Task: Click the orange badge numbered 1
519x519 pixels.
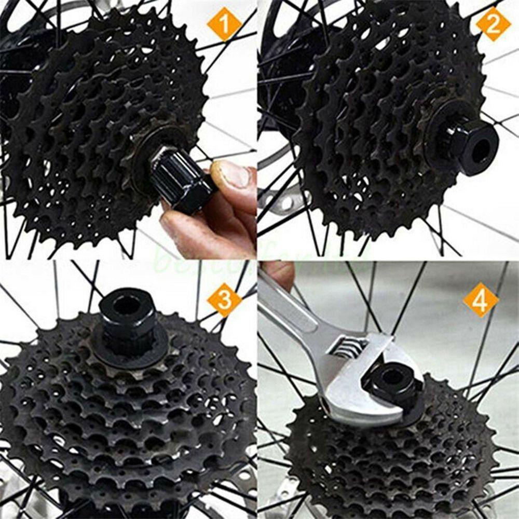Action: (x=224, y=24)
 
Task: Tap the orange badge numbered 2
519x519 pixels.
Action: (x=493, y=24)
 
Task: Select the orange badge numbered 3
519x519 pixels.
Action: (x=224, y=299)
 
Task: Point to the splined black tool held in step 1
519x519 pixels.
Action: (x=179, y=179)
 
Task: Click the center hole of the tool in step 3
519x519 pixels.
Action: (x=126, y=306)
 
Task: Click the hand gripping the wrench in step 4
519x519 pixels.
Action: (x=280, y=272)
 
